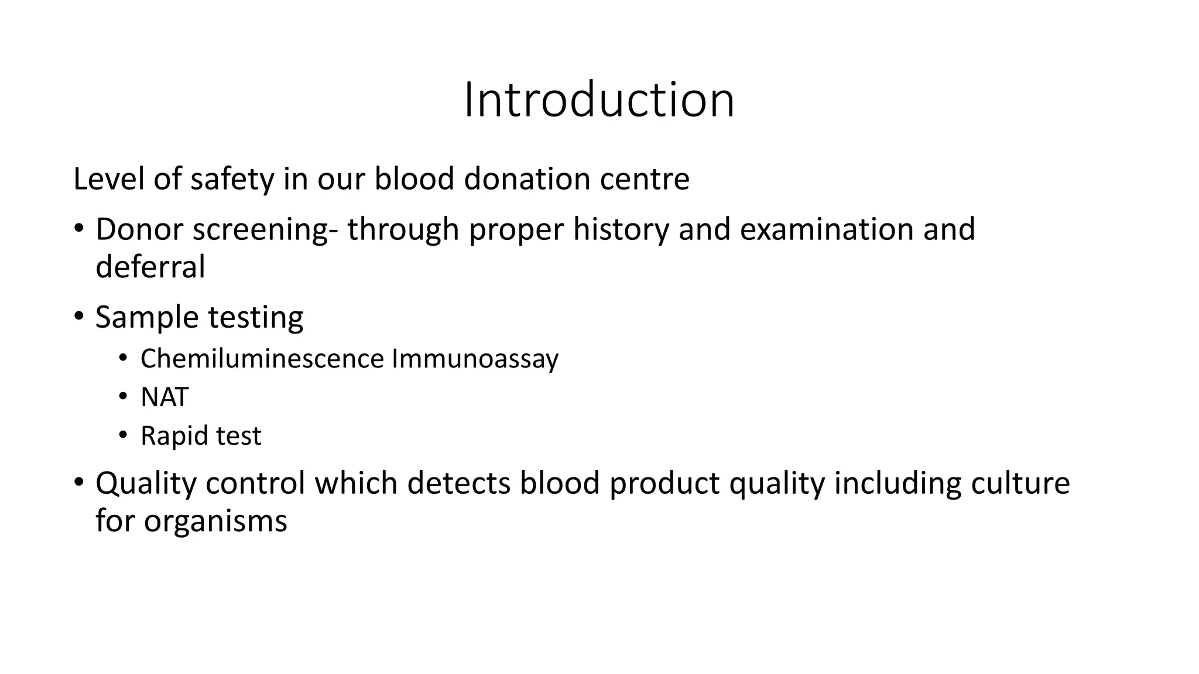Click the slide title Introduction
coord(599,100)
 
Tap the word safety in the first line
coord(232,179)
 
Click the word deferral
coord(150,267)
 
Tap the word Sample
coord(147,318)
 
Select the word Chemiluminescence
coord(262,358)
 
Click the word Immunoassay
coord(475,359)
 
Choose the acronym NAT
coord(165,397)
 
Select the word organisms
coord(215,521)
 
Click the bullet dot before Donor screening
coord(79,228)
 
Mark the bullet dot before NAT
coord(122,397)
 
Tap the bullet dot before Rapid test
coord(122,435)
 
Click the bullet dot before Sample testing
coord(79,317)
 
